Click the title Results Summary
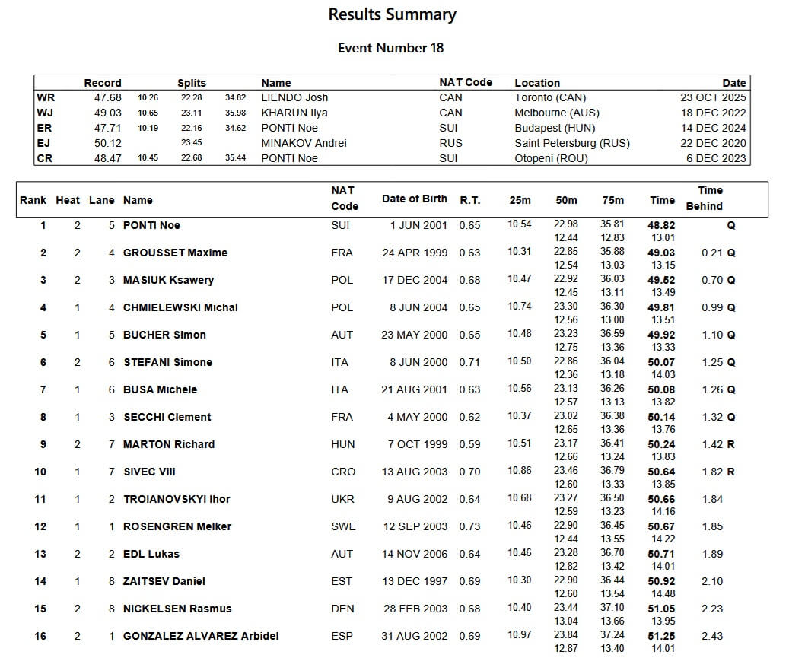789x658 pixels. [x=392, y=14]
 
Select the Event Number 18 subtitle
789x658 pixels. [x=390, y=48]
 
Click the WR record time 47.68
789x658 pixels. [x=107, y=97]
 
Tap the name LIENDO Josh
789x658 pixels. [x=294, y=97]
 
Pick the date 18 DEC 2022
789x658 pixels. [x=713, y=113]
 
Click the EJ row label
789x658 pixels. [x=44, y=143]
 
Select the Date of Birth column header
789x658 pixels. [x=414, y=199]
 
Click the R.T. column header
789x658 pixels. [x=469, y=199]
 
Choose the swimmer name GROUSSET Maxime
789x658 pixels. [x=175, y=253]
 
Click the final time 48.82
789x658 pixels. [x=661, y=225]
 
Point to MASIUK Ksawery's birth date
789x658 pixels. [x=415, y=280]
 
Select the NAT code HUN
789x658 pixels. [x=342, y=444]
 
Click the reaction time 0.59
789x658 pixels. [x=469, y=444]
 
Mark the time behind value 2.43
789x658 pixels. [x=712, y=636]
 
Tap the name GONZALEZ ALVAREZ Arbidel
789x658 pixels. [x=201, y=636]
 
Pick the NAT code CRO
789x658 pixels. [x=343, y=472]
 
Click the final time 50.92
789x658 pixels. [x=661, y=581]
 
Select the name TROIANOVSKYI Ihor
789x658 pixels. [x=177, y=499]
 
